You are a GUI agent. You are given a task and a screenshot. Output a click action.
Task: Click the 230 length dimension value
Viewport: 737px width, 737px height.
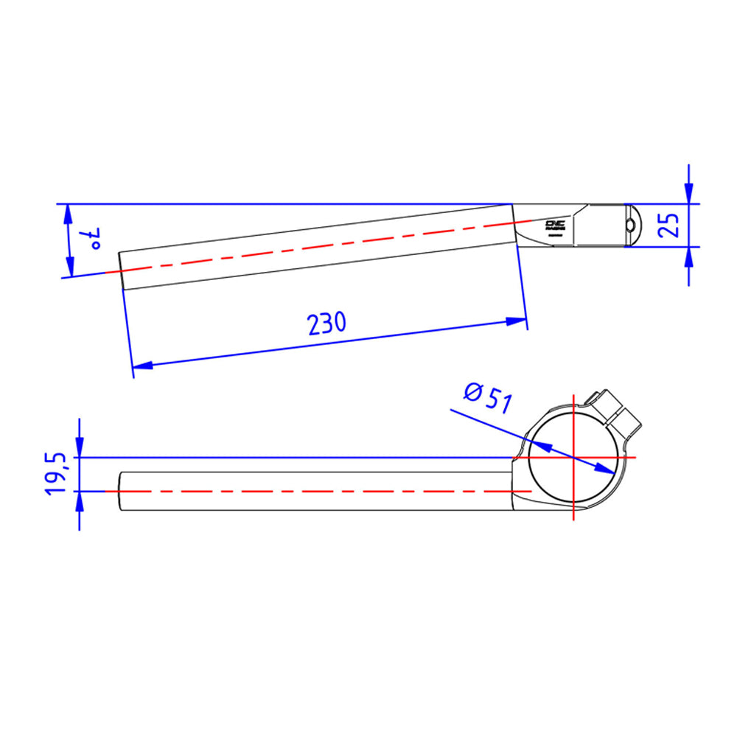click(x=326, y=323)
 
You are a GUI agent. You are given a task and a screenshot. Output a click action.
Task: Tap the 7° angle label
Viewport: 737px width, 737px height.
click(x=94, y=238)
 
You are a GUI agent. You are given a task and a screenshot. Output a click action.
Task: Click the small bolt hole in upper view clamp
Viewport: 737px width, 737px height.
click(x=630, y=225)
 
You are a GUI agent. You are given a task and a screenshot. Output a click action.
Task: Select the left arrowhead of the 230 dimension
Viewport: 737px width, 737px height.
click(x=141, y=365)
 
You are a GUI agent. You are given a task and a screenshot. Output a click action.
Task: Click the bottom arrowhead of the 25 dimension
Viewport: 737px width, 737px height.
click(x=688, y=256)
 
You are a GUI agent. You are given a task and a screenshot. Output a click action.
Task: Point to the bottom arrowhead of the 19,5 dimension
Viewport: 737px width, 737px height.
click(x=80, y=499)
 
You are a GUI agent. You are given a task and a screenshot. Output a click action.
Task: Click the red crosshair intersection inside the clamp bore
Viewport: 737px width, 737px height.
click(x=573, y=458)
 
